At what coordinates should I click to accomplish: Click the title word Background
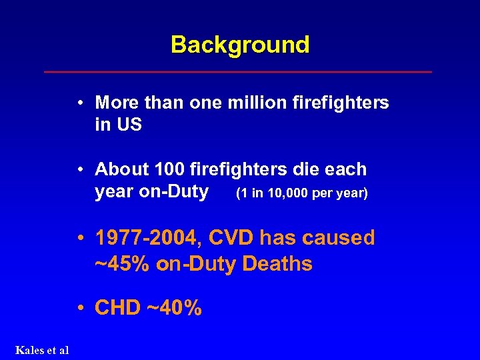(x=240, y=45)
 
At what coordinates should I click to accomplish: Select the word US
(x=128, y=125)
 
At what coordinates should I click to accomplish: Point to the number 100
(x=166, y=169)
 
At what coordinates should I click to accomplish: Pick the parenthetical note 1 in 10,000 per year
(x=302, y=194)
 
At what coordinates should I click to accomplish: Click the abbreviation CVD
(x=231, y=238)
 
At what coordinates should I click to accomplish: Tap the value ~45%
(x=123, y=264)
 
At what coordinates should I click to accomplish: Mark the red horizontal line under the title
(x=237, y=71)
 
